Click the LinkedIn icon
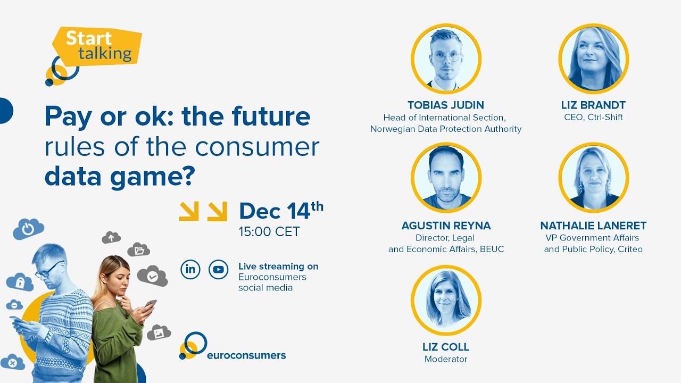(x=190, y=269)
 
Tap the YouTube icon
(x=218, y=269)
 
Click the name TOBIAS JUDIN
(x=446, y=105)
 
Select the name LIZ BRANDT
(x=593, y=105)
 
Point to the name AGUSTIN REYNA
(x=446, y=226)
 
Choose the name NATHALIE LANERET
(x=593, y=226)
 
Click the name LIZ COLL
(x=446, y=347)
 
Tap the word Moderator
(x=446, y=359)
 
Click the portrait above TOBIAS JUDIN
(x=446, y=59)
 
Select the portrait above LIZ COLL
(x=446, y=300)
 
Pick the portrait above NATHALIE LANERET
(x=593, y=178)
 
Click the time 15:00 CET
(x=269, y=232)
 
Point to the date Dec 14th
(x=280, y=211)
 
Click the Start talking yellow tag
(x=98, y=46)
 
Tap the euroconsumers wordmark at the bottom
(x=246, y=355)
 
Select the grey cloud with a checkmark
(x=153, y=276)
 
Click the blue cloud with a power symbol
(x=28, y=229)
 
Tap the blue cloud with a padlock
(x=20, y=282)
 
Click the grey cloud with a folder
(x=139, y=249)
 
